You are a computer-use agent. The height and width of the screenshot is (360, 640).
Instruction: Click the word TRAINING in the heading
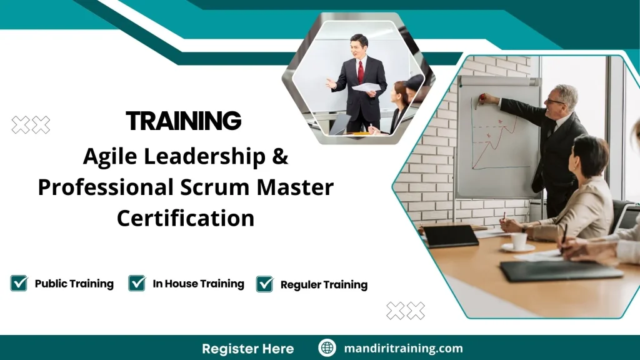point(183,121)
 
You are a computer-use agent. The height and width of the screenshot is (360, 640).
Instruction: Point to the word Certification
point(186,218)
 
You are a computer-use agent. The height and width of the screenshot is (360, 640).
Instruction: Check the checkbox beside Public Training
point(19,283)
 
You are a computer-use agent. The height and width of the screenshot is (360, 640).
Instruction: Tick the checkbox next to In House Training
point(137,283)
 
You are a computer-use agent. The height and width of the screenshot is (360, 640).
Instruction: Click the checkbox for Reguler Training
point(265,284)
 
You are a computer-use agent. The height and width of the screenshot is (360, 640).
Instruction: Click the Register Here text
point(247,348)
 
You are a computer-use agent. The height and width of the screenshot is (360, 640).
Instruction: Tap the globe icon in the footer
point(327,348)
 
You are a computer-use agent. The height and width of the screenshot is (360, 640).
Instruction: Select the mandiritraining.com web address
point(403,348)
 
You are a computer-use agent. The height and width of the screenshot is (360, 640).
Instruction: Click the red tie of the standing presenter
point(361,71)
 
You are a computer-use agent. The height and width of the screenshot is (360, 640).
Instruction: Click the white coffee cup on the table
point(519,241)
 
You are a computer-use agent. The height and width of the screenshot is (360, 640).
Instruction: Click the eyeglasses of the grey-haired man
point(555,101)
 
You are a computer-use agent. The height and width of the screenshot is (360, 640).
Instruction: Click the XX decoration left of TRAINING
point(31,125)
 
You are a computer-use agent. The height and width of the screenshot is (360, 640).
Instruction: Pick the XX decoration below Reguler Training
point(405,310)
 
